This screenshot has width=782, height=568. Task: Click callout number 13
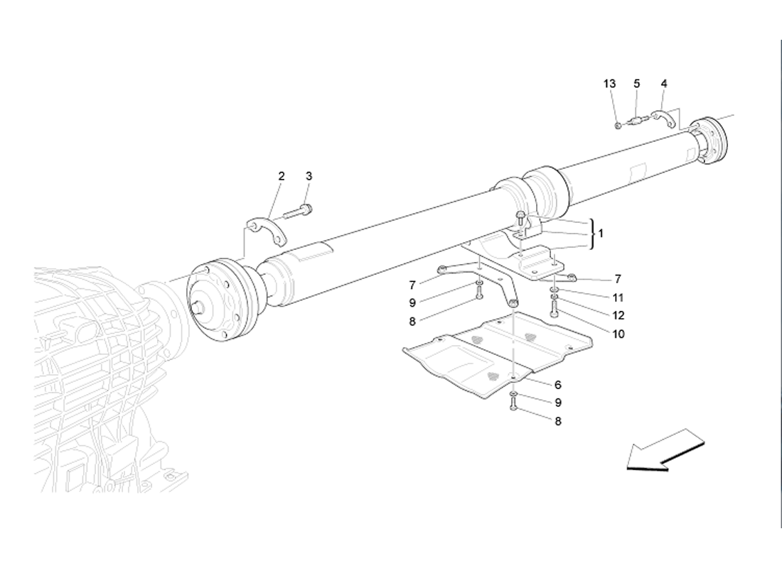pyautogui.click(x=610, y=84)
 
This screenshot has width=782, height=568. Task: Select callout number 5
pyautogui.click(x=637, y=84)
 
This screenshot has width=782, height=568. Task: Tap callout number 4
pyautogui.click(x=664, y=84)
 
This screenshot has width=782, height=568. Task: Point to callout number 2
pyautogui.click(x=282, y=175)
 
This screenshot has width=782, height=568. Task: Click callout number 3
pyautogui.click(x=309, y=175)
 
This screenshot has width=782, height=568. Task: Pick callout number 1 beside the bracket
pyautogui.click(x=601, y=233)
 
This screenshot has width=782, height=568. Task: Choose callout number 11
pyautogui.click(x=618, y=297)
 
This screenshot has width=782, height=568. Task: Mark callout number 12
pyautogui.click(x=618, y=315)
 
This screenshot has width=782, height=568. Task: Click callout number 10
pyautogui.click(x=618, y=333)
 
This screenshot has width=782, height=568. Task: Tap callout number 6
pyautogui.click(x=558, y=385)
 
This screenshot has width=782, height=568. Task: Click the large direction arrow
pyautogui.click(x=665, y=450)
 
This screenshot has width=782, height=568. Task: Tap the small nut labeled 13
pyautogui.click(x=618, y=126)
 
